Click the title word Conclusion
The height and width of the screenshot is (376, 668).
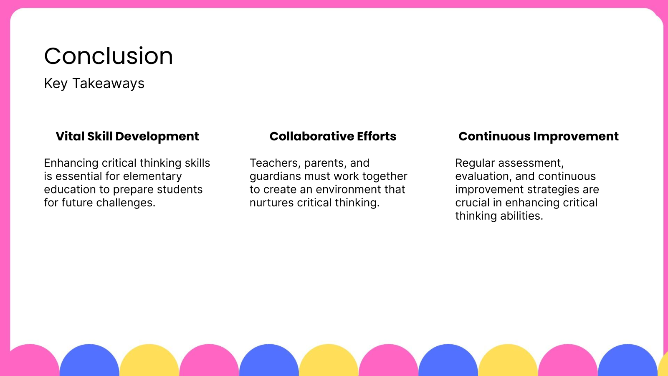[x=109, y=56]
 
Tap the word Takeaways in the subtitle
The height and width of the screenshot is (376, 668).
[x=108, y=84]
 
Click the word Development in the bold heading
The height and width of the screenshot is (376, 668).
[x=157, y=137]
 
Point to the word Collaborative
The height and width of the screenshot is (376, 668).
[x=311, y=136]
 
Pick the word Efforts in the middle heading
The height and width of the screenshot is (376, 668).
[x=377, y=136]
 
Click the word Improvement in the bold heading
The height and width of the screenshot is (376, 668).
[x=576, y=137]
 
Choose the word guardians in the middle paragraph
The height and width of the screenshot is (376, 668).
[x=275, y=176]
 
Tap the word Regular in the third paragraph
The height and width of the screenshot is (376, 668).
[x=475, y=163]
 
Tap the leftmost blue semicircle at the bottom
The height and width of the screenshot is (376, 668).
[x=89, y=361]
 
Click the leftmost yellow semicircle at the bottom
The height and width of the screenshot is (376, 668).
[x=149, y=361]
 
